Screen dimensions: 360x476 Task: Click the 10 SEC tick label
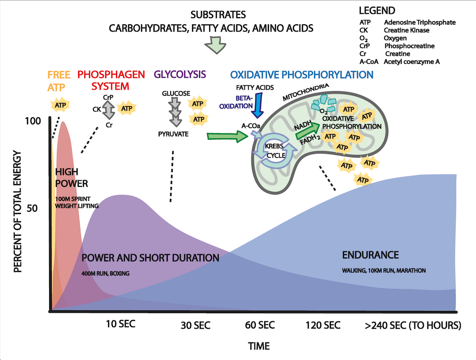click(x=121, y=324)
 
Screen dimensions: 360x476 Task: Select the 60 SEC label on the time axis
click(x=260, y=326)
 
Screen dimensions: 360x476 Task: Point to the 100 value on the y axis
click(x=33, y=121)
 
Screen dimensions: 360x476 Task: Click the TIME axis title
click(x=259, y=346)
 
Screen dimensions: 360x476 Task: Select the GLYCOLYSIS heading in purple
click(x=180, y=74)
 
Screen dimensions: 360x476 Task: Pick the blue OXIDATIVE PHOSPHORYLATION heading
click(x=301, y=74)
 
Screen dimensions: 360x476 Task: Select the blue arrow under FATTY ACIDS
click(x=259, y=104)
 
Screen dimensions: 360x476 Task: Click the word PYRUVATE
click(x=173, y=134)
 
